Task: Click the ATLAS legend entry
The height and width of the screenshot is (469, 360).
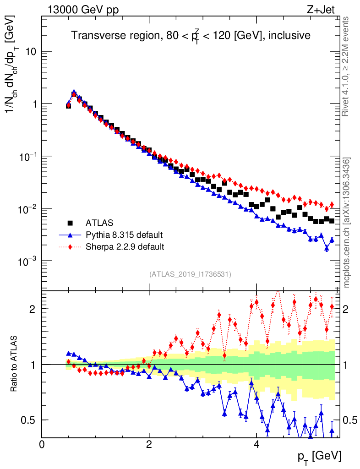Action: pyautogui.click(x=99, y=223)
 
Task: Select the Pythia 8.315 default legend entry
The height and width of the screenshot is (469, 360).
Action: pyautogui.click(x=124, y=235)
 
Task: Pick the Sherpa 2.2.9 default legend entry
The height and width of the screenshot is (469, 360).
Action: pyautogui.click(x=125, y=247)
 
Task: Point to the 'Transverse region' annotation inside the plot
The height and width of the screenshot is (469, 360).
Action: pyautogui.click(x=191, y=35)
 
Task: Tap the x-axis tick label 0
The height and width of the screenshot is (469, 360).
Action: pyautogui.click(x=42, y=444)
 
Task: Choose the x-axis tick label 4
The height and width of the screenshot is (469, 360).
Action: pyautogui.click(x=256, y=444)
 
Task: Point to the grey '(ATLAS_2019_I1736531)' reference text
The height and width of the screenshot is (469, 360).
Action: pyautogui.click(x=190, y=274)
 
